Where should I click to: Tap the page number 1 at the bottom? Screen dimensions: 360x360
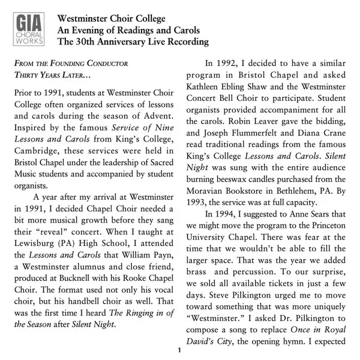[179, 350]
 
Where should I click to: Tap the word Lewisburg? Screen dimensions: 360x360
[35, 239]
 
